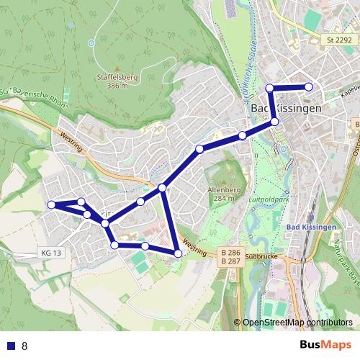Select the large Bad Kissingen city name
coord(287,108)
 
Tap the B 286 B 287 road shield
coord(230,256)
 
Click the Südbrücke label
coord(261,255)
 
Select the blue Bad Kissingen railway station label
coord(312,228)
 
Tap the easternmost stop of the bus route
coord(309,86)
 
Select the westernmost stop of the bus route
coord(52,205)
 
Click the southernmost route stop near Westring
coord(178,253)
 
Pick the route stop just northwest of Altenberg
coord(199,149)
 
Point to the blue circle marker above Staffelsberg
coord(91,42)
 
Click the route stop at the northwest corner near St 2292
coord(270,88)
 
